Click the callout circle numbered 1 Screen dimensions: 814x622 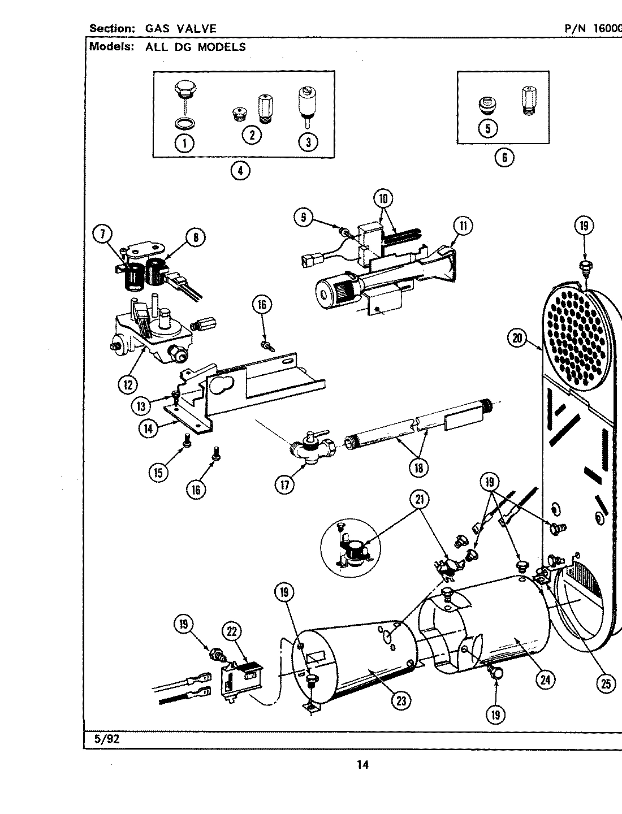coord(183,143)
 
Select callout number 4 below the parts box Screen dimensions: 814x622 coord(240,171)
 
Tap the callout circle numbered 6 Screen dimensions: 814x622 coord(504,158)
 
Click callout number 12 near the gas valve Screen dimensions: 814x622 coord(127,384)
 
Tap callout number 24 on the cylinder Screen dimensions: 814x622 coord(545,680)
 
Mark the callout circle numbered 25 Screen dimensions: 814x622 coord(606,684)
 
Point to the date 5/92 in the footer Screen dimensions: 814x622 coord(103,738)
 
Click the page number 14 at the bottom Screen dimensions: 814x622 coord(362,765)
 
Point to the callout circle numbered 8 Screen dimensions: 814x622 coord(195,238)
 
